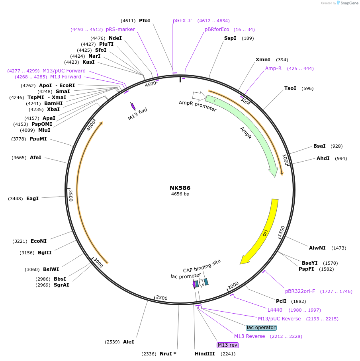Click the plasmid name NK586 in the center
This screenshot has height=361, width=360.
(180, 188)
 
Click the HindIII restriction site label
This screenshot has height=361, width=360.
(205, 353)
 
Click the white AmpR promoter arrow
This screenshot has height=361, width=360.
(198, 96)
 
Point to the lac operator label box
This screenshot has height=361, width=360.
(261, 328)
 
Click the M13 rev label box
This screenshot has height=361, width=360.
(227, 345)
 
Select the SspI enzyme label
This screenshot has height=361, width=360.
(230, 38)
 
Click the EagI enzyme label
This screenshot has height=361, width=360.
(32, 198)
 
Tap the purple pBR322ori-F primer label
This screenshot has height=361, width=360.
(300, 291)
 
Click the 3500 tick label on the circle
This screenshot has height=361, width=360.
(70, 195)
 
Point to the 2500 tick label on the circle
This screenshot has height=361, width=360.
(162, 298)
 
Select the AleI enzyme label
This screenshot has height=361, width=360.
(129, 341)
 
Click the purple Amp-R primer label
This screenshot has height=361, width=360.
(273, 68)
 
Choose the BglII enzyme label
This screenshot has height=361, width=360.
(45, 252)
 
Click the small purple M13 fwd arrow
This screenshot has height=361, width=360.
(133, 106)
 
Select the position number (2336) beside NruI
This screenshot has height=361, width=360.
(149, 353)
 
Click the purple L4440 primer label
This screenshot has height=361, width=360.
(275, 310)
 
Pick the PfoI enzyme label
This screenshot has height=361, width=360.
(145, 20)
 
